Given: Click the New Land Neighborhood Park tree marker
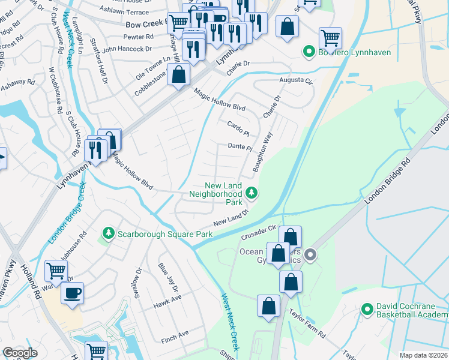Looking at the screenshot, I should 252,193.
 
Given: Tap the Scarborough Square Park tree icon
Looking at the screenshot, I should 109,233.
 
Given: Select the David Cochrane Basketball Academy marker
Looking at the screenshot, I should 367,310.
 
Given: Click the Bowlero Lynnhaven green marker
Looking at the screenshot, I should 309,52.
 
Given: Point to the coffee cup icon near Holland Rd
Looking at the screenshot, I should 73,294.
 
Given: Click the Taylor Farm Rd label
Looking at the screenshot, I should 306,325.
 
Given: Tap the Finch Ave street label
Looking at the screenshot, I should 175,333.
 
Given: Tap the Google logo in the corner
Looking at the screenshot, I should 20,352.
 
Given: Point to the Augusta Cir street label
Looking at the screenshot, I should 296,80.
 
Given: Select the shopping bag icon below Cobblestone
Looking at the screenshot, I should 178,76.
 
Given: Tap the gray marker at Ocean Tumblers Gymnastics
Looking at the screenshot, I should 310,255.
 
